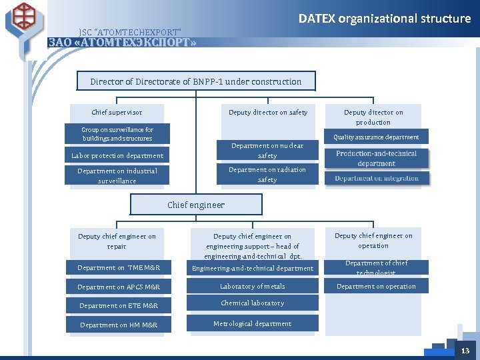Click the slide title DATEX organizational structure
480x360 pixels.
[384, 19]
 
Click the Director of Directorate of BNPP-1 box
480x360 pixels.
[196, 81]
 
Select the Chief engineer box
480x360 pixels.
[196, 205]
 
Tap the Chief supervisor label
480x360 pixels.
[117, 113]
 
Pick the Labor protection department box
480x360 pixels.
[117, 156]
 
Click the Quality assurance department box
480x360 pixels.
[377, 137]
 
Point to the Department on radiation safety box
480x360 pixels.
[267, 175]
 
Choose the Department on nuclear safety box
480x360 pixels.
[267, 151]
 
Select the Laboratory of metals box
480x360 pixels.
[253, 287]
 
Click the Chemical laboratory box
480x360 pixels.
[253, 303]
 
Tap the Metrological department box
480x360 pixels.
[253, 324]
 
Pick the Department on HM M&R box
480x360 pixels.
[118, 325]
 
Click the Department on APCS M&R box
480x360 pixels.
[118, 287]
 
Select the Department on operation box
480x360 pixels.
[376, 287]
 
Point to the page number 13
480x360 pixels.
[465, 351]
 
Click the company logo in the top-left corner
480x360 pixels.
[26, 20]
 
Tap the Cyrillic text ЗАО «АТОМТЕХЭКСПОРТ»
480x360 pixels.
[123, 43]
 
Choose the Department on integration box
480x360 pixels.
[377, 179]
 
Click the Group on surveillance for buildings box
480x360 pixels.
[117, 134]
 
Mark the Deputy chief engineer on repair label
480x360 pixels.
[117, 241]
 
